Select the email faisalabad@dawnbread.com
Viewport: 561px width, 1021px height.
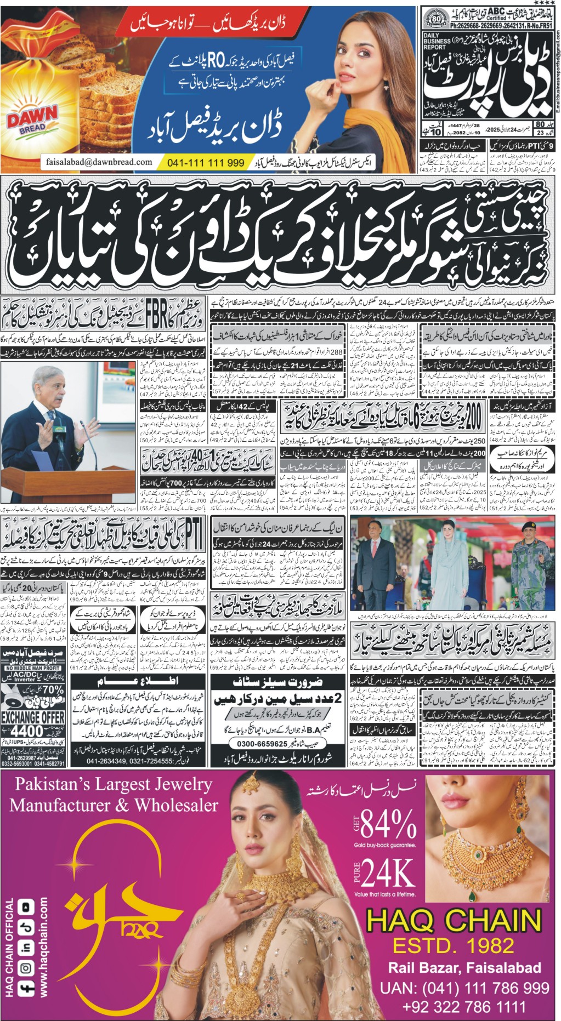click(x=99, y=162)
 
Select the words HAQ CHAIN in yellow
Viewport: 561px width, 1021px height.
click(x=454, y=920)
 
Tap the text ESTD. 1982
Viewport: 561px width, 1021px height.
click(x=454, y=945)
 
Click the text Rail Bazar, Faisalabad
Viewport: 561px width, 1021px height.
click(x=464, y=968)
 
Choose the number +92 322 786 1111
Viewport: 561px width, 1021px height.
click(x=464, y=1007)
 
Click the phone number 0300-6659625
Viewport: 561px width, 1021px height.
click(x=262, y=744)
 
